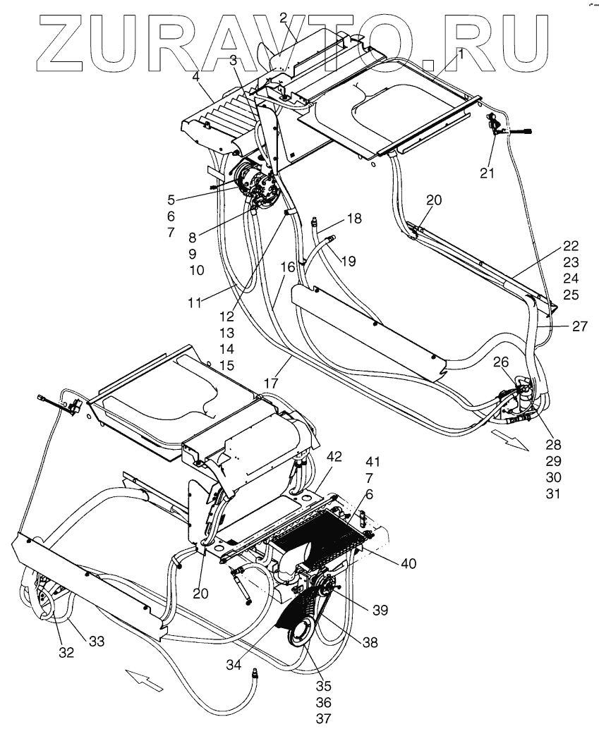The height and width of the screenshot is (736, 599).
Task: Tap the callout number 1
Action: click(459, 53)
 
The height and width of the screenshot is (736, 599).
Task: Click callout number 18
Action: click(353, 219)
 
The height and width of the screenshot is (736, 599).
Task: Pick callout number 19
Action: click(346, 262)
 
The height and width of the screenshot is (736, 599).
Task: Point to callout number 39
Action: click(380, 609)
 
